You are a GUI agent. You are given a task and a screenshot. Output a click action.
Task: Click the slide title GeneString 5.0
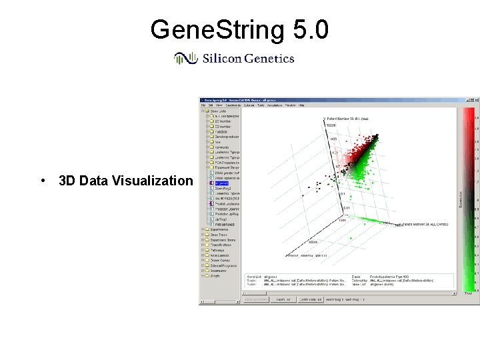[x=239, y=30]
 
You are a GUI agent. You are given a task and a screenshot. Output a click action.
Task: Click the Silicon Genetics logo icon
[x=184, y=59]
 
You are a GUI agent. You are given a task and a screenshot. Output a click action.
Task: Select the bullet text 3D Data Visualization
[x=121, y=181]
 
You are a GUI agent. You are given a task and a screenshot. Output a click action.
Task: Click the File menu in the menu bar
[x=203, y=105]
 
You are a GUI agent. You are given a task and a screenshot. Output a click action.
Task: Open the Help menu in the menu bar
[x=301, y=105]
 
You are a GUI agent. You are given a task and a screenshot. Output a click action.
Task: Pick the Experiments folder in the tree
[x=219, y=229]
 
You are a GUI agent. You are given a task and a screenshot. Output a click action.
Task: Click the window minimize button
[x=466, y=100]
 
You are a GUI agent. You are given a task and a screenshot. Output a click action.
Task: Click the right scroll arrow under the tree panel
[x=239, y=294]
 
